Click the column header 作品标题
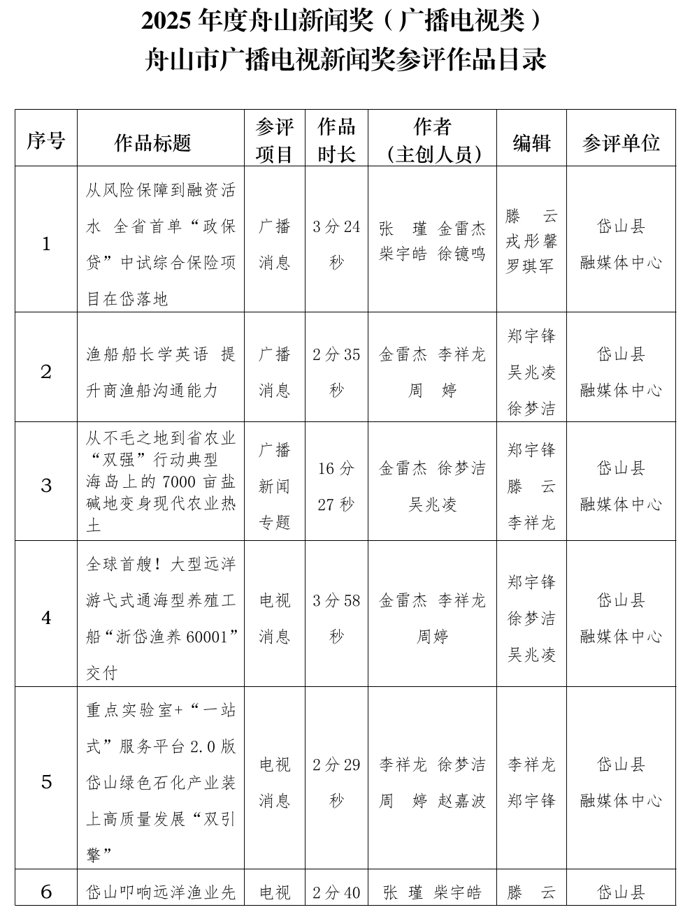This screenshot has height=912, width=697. (152, 143)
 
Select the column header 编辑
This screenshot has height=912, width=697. (531, 143)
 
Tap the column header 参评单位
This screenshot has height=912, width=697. (621, 143)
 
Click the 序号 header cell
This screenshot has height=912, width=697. (46, 141)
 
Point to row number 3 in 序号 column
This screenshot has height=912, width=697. (46, 485)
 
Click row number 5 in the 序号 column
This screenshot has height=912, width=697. (46, 781)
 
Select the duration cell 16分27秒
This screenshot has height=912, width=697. (336, 486)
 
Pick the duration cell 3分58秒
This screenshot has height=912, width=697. (336, 618)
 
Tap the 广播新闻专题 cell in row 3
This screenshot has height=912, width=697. (274, 486)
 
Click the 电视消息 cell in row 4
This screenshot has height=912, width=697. (274, 618)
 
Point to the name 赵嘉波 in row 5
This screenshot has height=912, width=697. (461, 801)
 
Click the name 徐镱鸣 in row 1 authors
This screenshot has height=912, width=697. (461, 254)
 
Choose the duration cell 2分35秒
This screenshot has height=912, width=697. (336, 372)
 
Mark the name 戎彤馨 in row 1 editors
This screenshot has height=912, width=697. (531, 242)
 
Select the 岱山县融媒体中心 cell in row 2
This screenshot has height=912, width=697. (621, 372)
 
